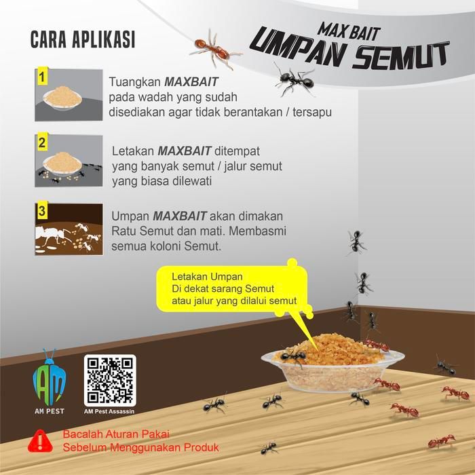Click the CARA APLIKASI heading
pos(83,39)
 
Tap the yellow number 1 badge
pos(41,75)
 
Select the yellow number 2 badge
pos(41,142)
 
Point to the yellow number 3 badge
pos(41,211)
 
